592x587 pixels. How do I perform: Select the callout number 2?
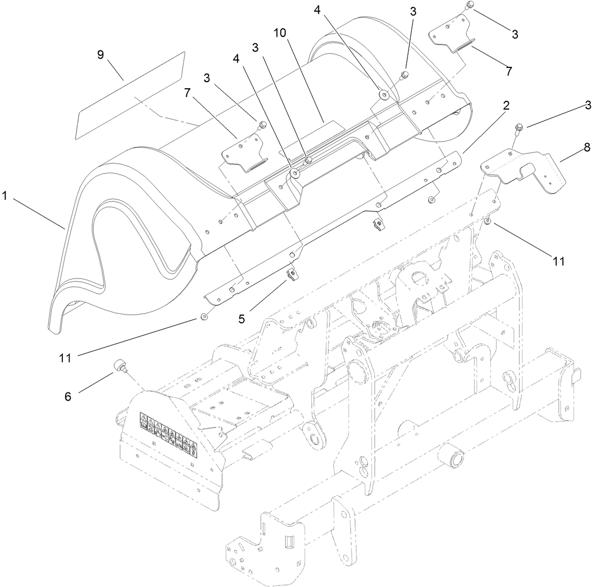coord(506,105)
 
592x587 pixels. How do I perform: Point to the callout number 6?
coord(68,396)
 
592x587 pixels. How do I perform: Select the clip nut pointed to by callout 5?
coord(292,272)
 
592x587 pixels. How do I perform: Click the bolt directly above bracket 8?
coord(517,130)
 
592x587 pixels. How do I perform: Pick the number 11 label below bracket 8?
coord(558,261)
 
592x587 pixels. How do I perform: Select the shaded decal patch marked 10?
coord(326,132)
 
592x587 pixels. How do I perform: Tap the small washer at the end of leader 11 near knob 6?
coord(204,317)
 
